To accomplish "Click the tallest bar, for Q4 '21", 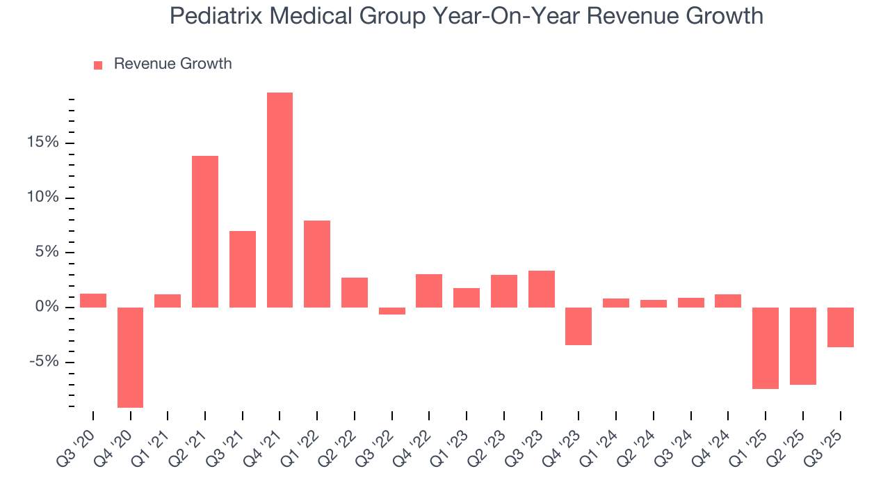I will (x=280, y=200).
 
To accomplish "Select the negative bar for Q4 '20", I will (x=130, y=357).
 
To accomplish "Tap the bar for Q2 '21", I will (x=205, y=232).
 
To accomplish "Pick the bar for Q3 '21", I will (x=243, y=269).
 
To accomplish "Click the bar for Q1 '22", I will (x=317, y=264).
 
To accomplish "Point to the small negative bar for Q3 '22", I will (x=391, y=311).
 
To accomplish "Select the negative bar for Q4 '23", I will (x=578, y=326).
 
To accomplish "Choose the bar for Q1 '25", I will (x=766, y=348).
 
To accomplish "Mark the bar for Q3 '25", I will (x=840, y=327).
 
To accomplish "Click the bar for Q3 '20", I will (x=93, y=301).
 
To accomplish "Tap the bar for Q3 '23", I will (x=541, y=289).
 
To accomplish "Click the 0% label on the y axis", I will (x=49, y=307).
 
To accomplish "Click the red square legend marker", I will (x=98, y=65).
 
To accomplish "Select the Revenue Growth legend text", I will (x=172, y=64).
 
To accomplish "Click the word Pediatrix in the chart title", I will (x=218, y=16).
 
